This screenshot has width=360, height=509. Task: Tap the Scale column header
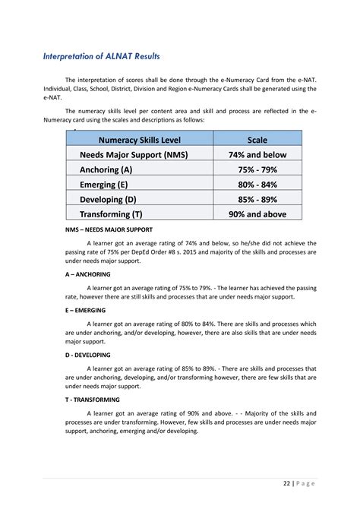pyautogui.click(x=257, y=140)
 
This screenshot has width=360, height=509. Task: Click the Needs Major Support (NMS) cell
pyautogui.click(x=133, y=154)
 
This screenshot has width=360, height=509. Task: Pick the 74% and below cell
pyautogui.click(x=257, y=154)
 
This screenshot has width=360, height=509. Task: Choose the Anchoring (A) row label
pyautogui.click(x=106, y=169)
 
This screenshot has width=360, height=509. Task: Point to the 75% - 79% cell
pyautogui.click(x=257, y=169)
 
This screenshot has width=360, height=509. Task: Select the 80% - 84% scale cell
pyautogui.click(x=257, y=184)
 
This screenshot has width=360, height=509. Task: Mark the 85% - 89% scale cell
pyautogui.click(x=257, y=199)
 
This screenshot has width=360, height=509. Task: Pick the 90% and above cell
pyautogui.click(x=257, y=214)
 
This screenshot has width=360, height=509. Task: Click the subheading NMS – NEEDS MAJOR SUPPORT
pyautogui.click(x=109, y=229)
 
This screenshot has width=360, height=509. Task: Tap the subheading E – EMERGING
pyautogui.click(x=85, y=310)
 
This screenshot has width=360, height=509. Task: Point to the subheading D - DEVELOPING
pyautogui.click(x=87, y=355)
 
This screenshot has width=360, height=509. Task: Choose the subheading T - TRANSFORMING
pyautogui.click(x=93, y=399)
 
